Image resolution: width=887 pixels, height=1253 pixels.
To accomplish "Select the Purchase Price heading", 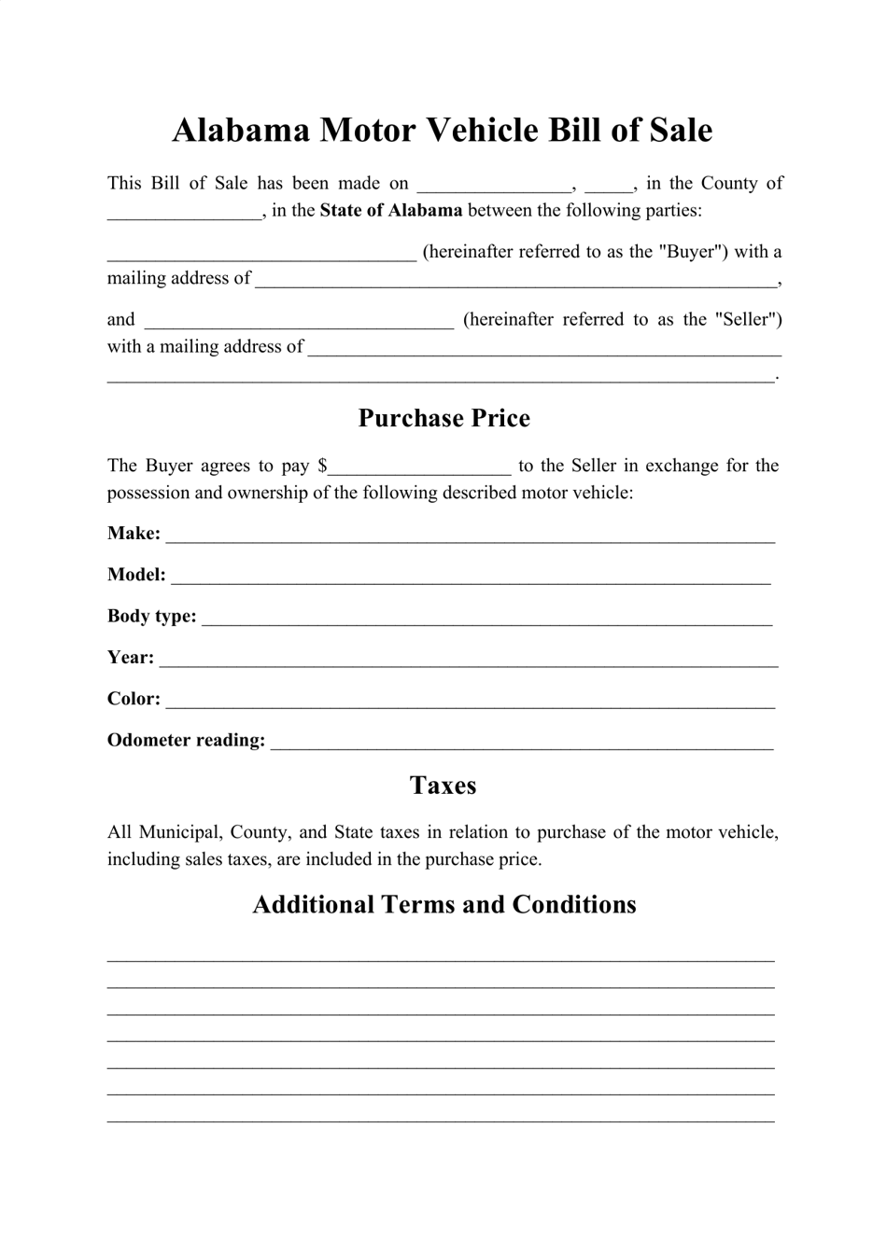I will [x=443, y=418].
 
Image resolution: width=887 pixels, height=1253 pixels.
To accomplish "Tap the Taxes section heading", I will [x=443, y=786].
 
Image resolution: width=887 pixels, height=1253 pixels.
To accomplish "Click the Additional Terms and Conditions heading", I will [x=443, y=905].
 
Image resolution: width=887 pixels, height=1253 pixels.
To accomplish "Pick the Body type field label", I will [x=151, y=617].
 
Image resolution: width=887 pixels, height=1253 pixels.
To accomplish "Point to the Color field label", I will [x=134, y=699].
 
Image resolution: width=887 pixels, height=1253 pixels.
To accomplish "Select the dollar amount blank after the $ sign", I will [x=420, y=467].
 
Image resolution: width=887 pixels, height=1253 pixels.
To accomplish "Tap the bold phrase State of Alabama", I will [x=390, y=211].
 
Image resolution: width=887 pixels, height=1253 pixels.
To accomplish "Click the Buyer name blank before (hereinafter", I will [x=261, y=255].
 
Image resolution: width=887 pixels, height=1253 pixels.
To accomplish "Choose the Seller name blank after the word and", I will [x=300, y=323].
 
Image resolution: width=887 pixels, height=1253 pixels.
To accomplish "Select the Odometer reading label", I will [x=186, y=741].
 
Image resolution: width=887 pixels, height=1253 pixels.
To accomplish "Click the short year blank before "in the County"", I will [x=609, y=186].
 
